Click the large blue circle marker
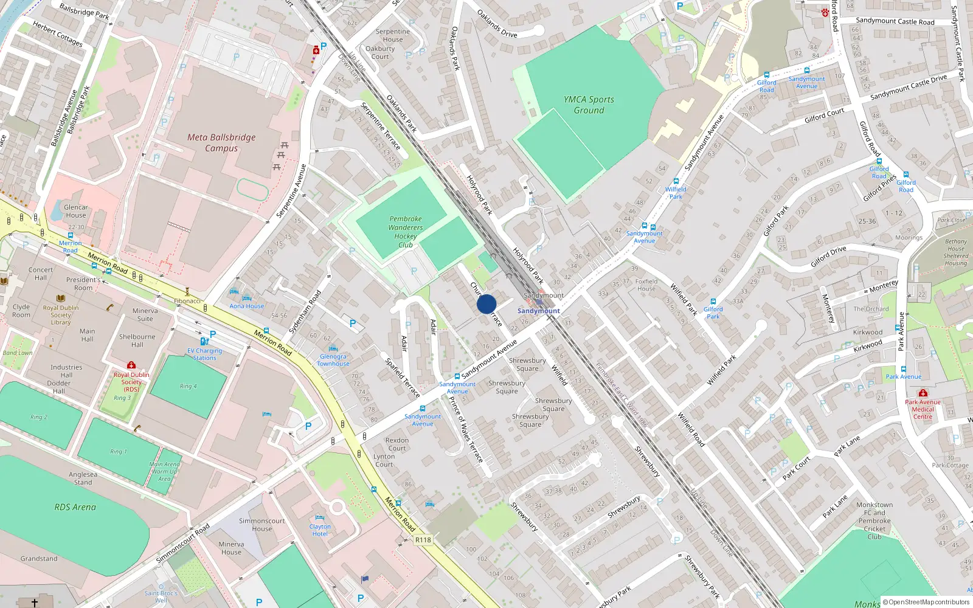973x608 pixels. pyautogui.click(x=486, y=304)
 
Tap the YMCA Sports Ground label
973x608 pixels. pyautogui.click(x=589, y=105)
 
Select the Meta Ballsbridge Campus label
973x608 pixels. pyautogui.click(x=221, y=143)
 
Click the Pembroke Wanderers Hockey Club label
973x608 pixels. pyautogui.click(x=406, y=232)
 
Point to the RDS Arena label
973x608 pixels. pyautogui.click(x=75, y=507)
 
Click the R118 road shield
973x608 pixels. pyautogui.click(x=423, y=540)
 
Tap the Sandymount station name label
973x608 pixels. pyautogui.click(x=538, y=311)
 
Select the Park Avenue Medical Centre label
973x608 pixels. pyautogui.click(x=923, y=409)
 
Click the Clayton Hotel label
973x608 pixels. pyautogui.click(x=320, y=530)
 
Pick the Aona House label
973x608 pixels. pyautogui.click(x=247, y=306)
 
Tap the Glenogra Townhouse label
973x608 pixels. pyautogui.click(x=333, y=360)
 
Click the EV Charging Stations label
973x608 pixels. pyautogui.click(x=204, y=354)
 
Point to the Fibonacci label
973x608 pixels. pyautogui.click(x=187, y=301)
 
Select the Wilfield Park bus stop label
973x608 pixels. pyautogui.click(x=676, y=193)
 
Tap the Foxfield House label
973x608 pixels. pyautogui.click(x=646, y=285)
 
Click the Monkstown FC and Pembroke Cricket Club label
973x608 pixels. pyautogui.click(x=874, y=520)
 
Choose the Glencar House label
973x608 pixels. pyautogui.click(x=76, y=211)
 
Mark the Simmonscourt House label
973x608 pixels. pyautogui.click(x=262, y=525)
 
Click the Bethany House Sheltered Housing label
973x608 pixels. pyautogui.click(x=956, y=252)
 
